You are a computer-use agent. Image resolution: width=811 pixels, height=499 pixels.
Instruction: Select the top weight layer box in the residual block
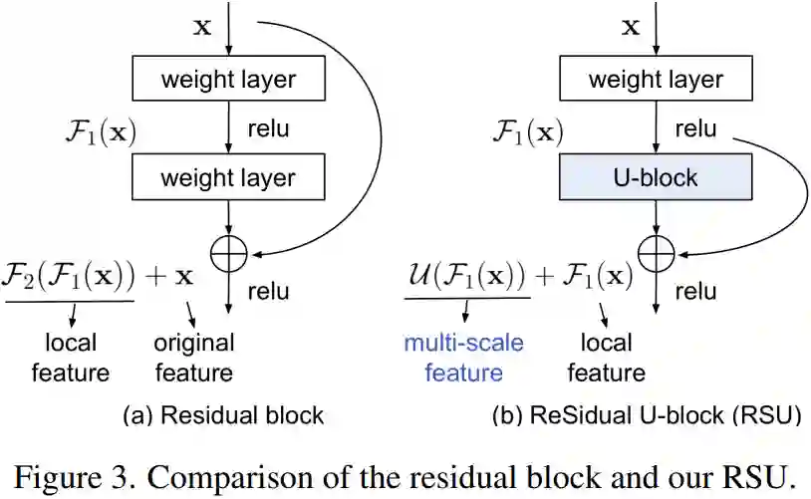[229, 79]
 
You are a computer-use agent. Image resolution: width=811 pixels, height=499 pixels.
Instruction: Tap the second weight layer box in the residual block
[229, 178]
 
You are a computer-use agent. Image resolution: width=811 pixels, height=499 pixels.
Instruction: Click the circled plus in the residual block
[229, 256]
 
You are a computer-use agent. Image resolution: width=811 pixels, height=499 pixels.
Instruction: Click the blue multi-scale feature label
[463, 358]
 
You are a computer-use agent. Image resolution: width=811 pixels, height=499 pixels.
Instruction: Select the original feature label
[193, 358]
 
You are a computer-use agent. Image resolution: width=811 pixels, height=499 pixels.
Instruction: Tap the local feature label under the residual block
[71, 358]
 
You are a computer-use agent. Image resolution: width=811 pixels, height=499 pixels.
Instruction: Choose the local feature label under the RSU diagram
[606, 358]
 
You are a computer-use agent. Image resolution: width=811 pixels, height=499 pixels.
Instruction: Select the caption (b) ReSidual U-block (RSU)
[647, 414]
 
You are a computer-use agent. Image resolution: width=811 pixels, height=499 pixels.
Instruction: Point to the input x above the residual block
[201, 27]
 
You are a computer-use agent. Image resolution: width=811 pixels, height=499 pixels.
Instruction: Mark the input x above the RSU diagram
[630, 27]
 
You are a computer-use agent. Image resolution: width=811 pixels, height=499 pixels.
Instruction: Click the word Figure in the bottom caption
[61, 475]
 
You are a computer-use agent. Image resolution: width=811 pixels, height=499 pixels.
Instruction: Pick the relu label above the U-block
[695, 128]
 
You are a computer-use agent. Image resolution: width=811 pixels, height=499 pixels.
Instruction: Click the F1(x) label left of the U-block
[528, 130]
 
